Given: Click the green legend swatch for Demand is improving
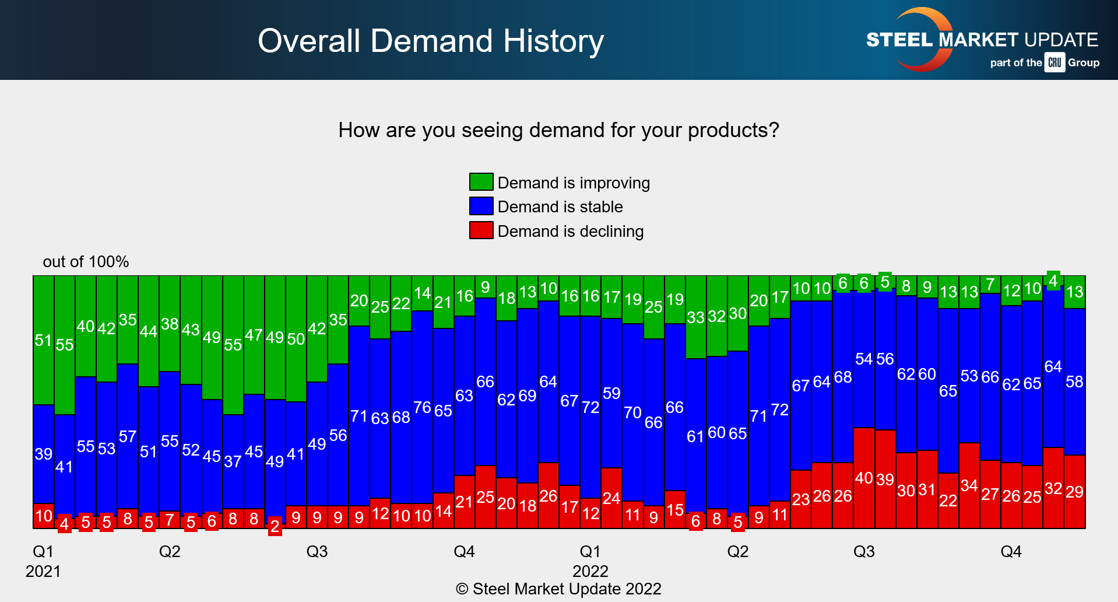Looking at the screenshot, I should click(x=481, y=182).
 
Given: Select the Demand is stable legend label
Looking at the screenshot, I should click(x=560, y=206).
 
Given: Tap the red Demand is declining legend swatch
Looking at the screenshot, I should click(x=481, y=230).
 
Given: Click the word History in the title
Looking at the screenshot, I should click(x=553, y=41).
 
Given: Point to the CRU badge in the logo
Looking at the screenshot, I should click(x=1054, y=62).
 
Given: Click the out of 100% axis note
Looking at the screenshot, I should click(x=86, y=261).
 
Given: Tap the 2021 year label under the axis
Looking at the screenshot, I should click(x=43, y=571).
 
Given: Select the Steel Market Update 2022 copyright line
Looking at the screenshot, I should click(x=558, y=589).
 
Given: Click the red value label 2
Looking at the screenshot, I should click(x=275, y=527).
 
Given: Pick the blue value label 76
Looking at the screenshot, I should click(x=422, y=407).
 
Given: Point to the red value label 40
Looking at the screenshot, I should click(x=864, y=478).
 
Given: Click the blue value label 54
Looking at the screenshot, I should click(x=864, y=359).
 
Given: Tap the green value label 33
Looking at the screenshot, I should click(x=695, y=317).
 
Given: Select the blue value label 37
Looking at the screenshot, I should click(x=233, y=461).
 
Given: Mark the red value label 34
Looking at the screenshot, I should click(x=969, y=485).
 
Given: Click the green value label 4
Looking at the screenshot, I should click(x=1053, y=281).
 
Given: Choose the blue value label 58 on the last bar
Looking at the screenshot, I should click(x=1074, y=381).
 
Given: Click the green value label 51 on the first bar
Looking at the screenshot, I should click(x=43, y=340).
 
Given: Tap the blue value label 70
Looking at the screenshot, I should click(x=632, y=412).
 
